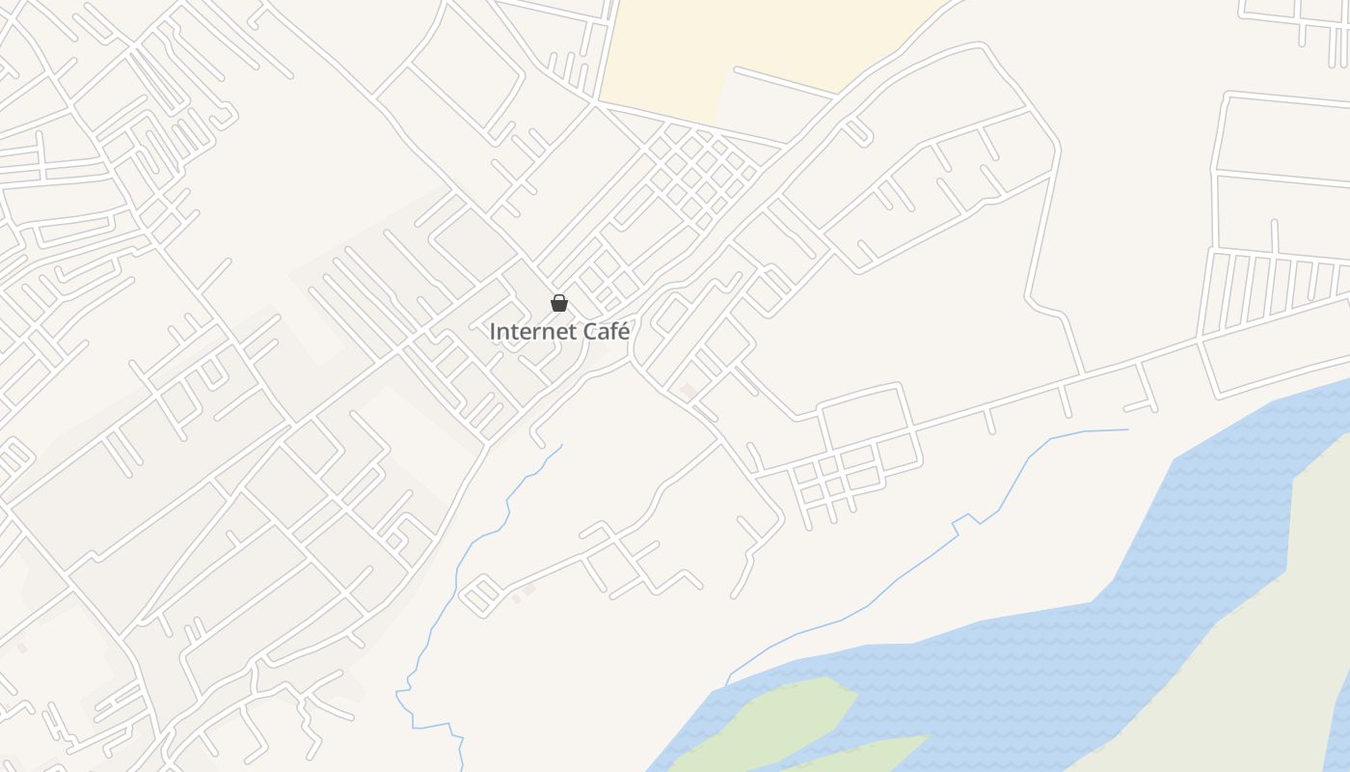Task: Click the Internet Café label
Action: [559, 331]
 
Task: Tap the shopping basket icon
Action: [559, 304]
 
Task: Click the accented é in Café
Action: [623, 331]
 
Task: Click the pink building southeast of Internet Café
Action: [688, 390]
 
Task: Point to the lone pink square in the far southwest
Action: [22, 648]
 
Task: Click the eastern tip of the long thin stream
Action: [1126, 429]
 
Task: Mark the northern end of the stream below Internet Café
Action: [561, 446]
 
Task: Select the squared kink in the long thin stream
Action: [961, 522]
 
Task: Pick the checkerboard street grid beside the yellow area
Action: [699, 174]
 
